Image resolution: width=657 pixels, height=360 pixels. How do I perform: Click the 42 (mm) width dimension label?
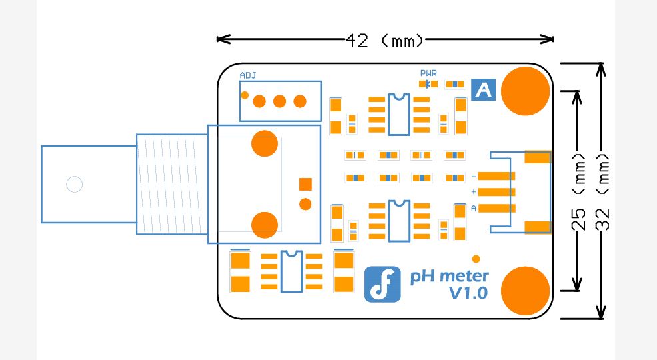[385, 41]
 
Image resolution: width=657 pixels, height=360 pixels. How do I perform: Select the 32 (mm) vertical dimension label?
[603, 191]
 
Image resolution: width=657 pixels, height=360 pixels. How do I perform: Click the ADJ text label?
[248, 75]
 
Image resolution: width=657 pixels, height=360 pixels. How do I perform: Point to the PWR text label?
[428, 73]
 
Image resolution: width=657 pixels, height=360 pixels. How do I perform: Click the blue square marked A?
[483, 89]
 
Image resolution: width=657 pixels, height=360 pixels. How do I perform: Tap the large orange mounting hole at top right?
[526, 91]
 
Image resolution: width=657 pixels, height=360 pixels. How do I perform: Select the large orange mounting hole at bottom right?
[526, 290]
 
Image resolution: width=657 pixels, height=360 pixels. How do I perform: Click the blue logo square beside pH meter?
[382, 284]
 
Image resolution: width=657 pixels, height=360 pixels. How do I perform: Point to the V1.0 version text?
[469, 293]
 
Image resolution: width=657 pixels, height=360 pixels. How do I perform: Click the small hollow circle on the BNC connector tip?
[74, 184]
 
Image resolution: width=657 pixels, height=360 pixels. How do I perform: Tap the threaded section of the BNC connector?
[172, 184]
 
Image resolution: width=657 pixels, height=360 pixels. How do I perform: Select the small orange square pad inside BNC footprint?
[305, 184]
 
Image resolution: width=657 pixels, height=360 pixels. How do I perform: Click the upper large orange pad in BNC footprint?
[265, 143]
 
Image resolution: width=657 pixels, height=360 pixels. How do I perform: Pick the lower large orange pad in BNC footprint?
[265, 225]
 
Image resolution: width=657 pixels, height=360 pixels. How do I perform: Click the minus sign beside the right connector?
[474, 177]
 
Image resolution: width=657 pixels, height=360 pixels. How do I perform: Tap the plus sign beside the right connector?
[474, 192]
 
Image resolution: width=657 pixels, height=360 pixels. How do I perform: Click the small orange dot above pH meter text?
[476, 259]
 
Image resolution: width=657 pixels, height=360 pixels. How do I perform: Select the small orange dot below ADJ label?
[245, 95]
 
